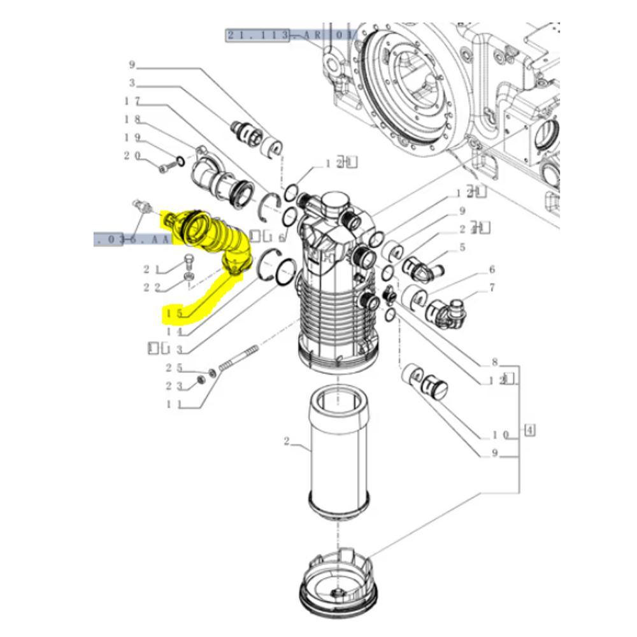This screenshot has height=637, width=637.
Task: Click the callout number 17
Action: pos(132,101)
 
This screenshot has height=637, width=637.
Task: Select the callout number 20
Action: pos(132,155)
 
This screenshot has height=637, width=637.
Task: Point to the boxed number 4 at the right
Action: pos(529,429)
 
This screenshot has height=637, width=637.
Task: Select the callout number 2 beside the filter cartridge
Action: pos(287,441)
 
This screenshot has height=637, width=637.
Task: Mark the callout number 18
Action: pos(132,119)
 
